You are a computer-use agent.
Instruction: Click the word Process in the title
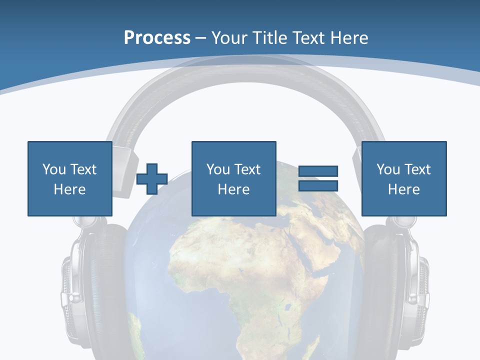(x=157, y=38)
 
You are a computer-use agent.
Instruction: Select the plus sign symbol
(x=152, y=178)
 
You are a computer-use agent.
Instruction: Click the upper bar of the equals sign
(x=318, y=171)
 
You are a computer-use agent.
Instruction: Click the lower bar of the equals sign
(x=318, y=185)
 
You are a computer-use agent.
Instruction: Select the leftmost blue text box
(x=69, y=178)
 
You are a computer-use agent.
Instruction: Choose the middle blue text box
(x=233, y=178)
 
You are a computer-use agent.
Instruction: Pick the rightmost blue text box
(x=403, y=178)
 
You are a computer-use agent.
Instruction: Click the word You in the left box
(x=53, y=169)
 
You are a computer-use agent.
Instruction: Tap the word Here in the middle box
(x=233, y=189)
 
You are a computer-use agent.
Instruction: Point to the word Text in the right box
(x=417, y=169)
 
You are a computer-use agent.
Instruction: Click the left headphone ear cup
(x=90, y=285)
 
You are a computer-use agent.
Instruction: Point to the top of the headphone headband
(x=245, y=70)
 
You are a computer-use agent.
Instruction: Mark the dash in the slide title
(x=200, y=38)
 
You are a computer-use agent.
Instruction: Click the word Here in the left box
(x=69, y=189)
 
